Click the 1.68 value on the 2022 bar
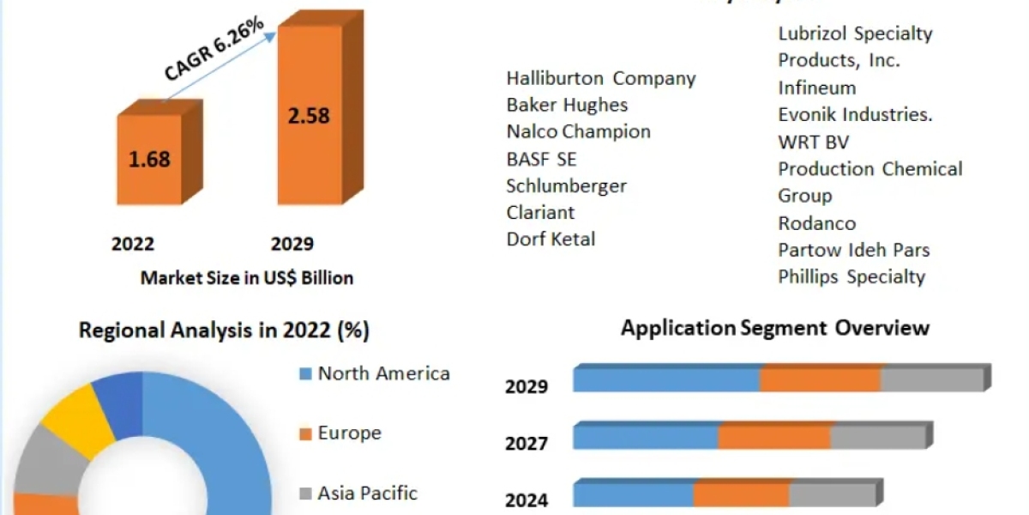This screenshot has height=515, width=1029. (150, 159)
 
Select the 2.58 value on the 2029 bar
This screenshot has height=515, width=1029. (308, 116)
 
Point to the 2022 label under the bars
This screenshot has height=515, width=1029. (133, 245)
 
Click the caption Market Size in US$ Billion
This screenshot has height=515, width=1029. (247, 278)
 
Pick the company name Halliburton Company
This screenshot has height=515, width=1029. (600, 78)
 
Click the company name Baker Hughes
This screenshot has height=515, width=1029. (567, 105)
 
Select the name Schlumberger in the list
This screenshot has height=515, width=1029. (566, 185)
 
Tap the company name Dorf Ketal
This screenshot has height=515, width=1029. (551, 239)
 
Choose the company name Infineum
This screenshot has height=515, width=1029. (816, 88)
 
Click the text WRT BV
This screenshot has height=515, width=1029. (813, 142)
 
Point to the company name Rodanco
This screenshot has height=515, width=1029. (816, 223)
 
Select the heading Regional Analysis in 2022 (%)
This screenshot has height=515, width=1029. (224, 330)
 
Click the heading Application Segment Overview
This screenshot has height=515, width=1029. (775, 327)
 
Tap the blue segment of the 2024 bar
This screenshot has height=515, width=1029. (633, 494)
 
